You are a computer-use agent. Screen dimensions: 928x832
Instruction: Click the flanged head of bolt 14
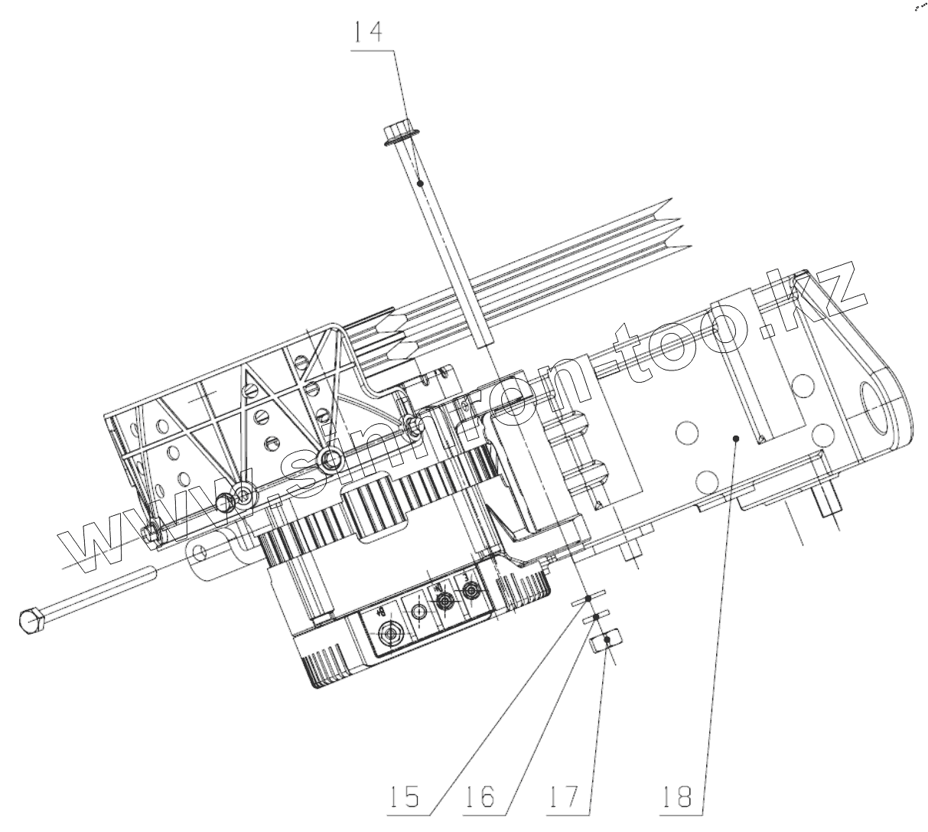398,132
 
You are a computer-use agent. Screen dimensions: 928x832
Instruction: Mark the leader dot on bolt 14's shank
420,183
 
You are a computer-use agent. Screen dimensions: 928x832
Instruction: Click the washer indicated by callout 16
596,616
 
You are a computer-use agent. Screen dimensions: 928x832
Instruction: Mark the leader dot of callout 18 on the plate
735,439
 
